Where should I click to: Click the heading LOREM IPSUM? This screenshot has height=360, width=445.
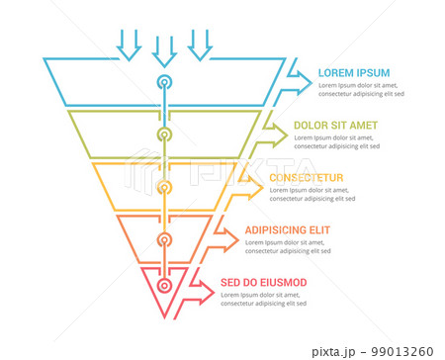tap(354, 72)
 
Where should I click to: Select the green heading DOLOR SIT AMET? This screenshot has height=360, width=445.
tap(334, 126)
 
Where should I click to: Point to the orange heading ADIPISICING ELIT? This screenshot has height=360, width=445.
tap(289, 230)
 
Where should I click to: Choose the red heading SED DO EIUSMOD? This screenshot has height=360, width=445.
tap(263, 283)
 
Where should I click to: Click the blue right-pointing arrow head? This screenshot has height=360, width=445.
tap(300, 78)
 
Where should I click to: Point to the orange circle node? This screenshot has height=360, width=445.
tap(165, 238)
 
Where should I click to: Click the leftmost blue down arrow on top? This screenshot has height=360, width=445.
tap(129, 43)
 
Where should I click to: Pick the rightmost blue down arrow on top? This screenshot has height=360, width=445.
tap(201, 43)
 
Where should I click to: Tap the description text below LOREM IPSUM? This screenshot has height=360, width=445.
tap(361, 90)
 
